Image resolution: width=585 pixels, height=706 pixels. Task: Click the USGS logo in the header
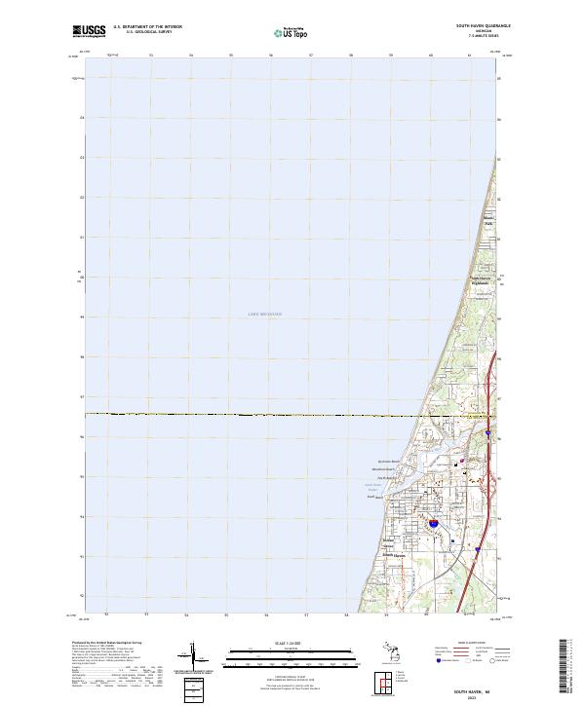(x=89, y=31)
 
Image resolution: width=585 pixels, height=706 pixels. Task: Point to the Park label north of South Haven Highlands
(x=489, y=223)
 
